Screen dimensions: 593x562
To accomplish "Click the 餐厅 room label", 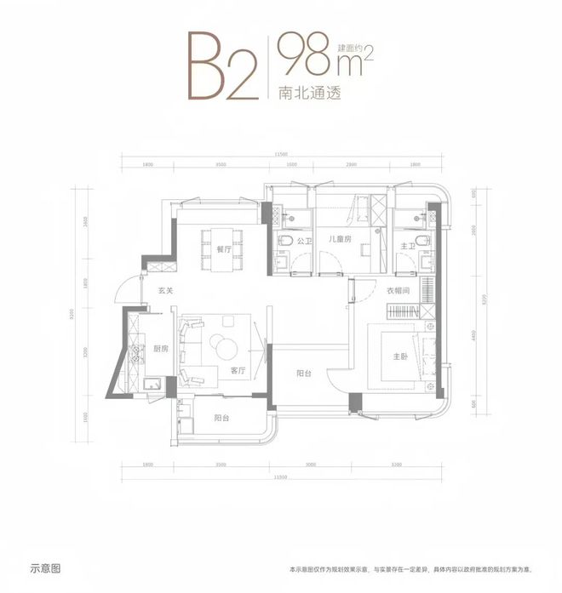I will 224,250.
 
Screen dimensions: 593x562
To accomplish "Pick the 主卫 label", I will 407,247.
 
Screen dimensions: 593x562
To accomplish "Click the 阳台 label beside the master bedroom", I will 301,371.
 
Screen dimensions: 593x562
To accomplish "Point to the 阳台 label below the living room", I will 221,417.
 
